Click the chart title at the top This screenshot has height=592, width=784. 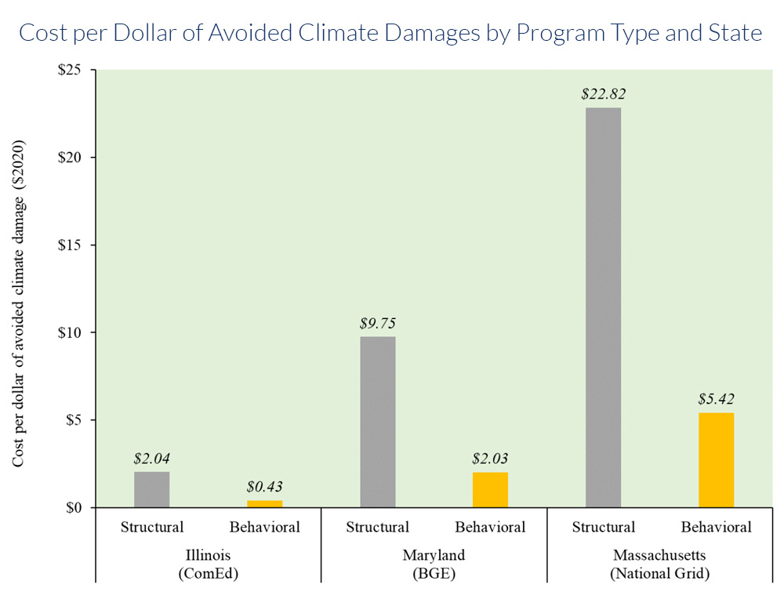(390, 34)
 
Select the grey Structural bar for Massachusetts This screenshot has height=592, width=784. (603, 307)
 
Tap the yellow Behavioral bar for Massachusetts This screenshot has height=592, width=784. (716, 459)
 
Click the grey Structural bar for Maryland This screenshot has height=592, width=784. (377, 422)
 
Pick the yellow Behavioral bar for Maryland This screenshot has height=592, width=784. (490, 489)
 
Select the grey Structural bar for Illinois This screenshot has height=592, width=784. (151, 489)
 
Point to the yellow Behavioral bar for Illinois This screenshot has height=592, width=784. (264, 503)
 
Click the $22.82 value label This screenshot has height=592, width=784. (603, 94)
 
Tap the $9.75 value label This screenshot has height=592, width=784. (377, 323)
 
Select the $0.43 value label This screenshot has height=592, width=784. (264, 487)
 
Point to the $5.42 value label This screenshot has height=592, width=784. (716, 399)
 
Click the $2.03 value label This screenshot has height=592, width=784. (490, 459)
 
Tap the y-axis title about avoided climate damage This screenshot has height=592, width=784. (19, 304)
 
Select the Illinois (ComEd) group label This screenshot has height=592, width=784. (209, 564)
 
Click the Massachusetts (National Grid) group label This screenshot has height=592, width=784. (660, 564)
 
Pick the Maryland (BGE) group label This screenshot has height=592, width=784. (434, 564)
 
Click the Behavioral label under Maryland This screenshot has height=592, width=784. (490, 527)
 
